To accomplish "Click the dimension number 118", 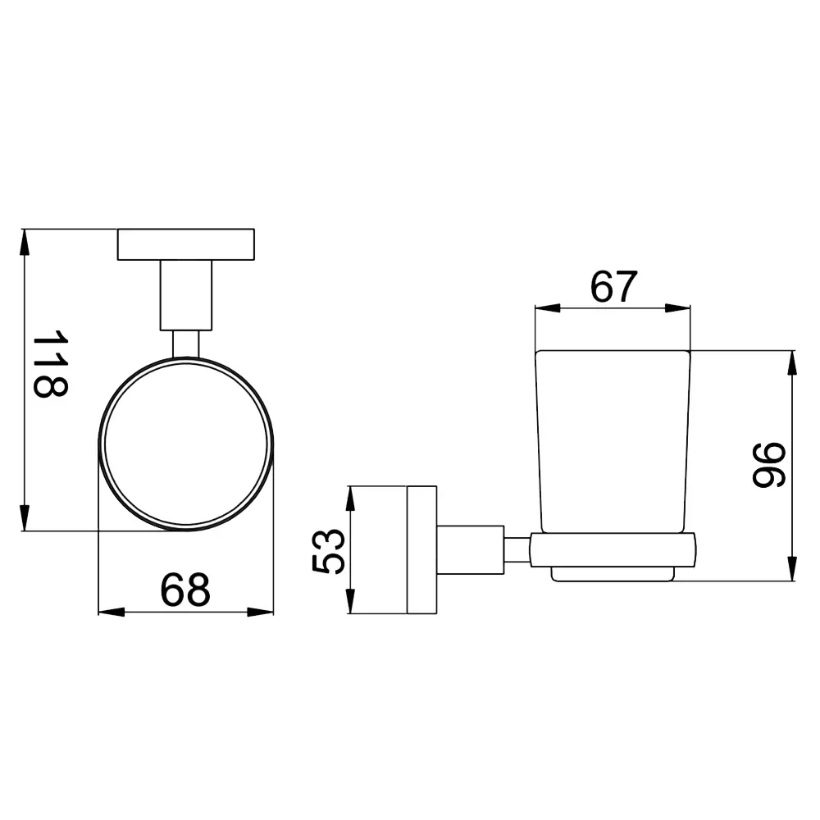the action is [51, 363].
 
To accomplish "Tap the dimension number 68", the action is [185, 590].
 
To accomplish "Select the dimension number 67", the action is [614, 286].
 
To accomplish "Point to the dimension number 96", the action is [769, 466].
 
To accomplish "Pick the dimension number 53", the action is [329, 551].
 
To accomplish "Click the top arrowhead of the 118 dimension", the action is [24, 242].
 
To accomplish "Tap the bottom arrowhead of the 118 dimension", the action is [24, 517].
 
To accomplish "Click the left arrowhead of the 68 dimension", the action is [112, 612].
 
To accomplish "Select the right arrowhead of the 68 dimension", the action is [261, 612].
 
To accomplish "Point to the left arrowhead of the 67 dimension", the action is [548, 308].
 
